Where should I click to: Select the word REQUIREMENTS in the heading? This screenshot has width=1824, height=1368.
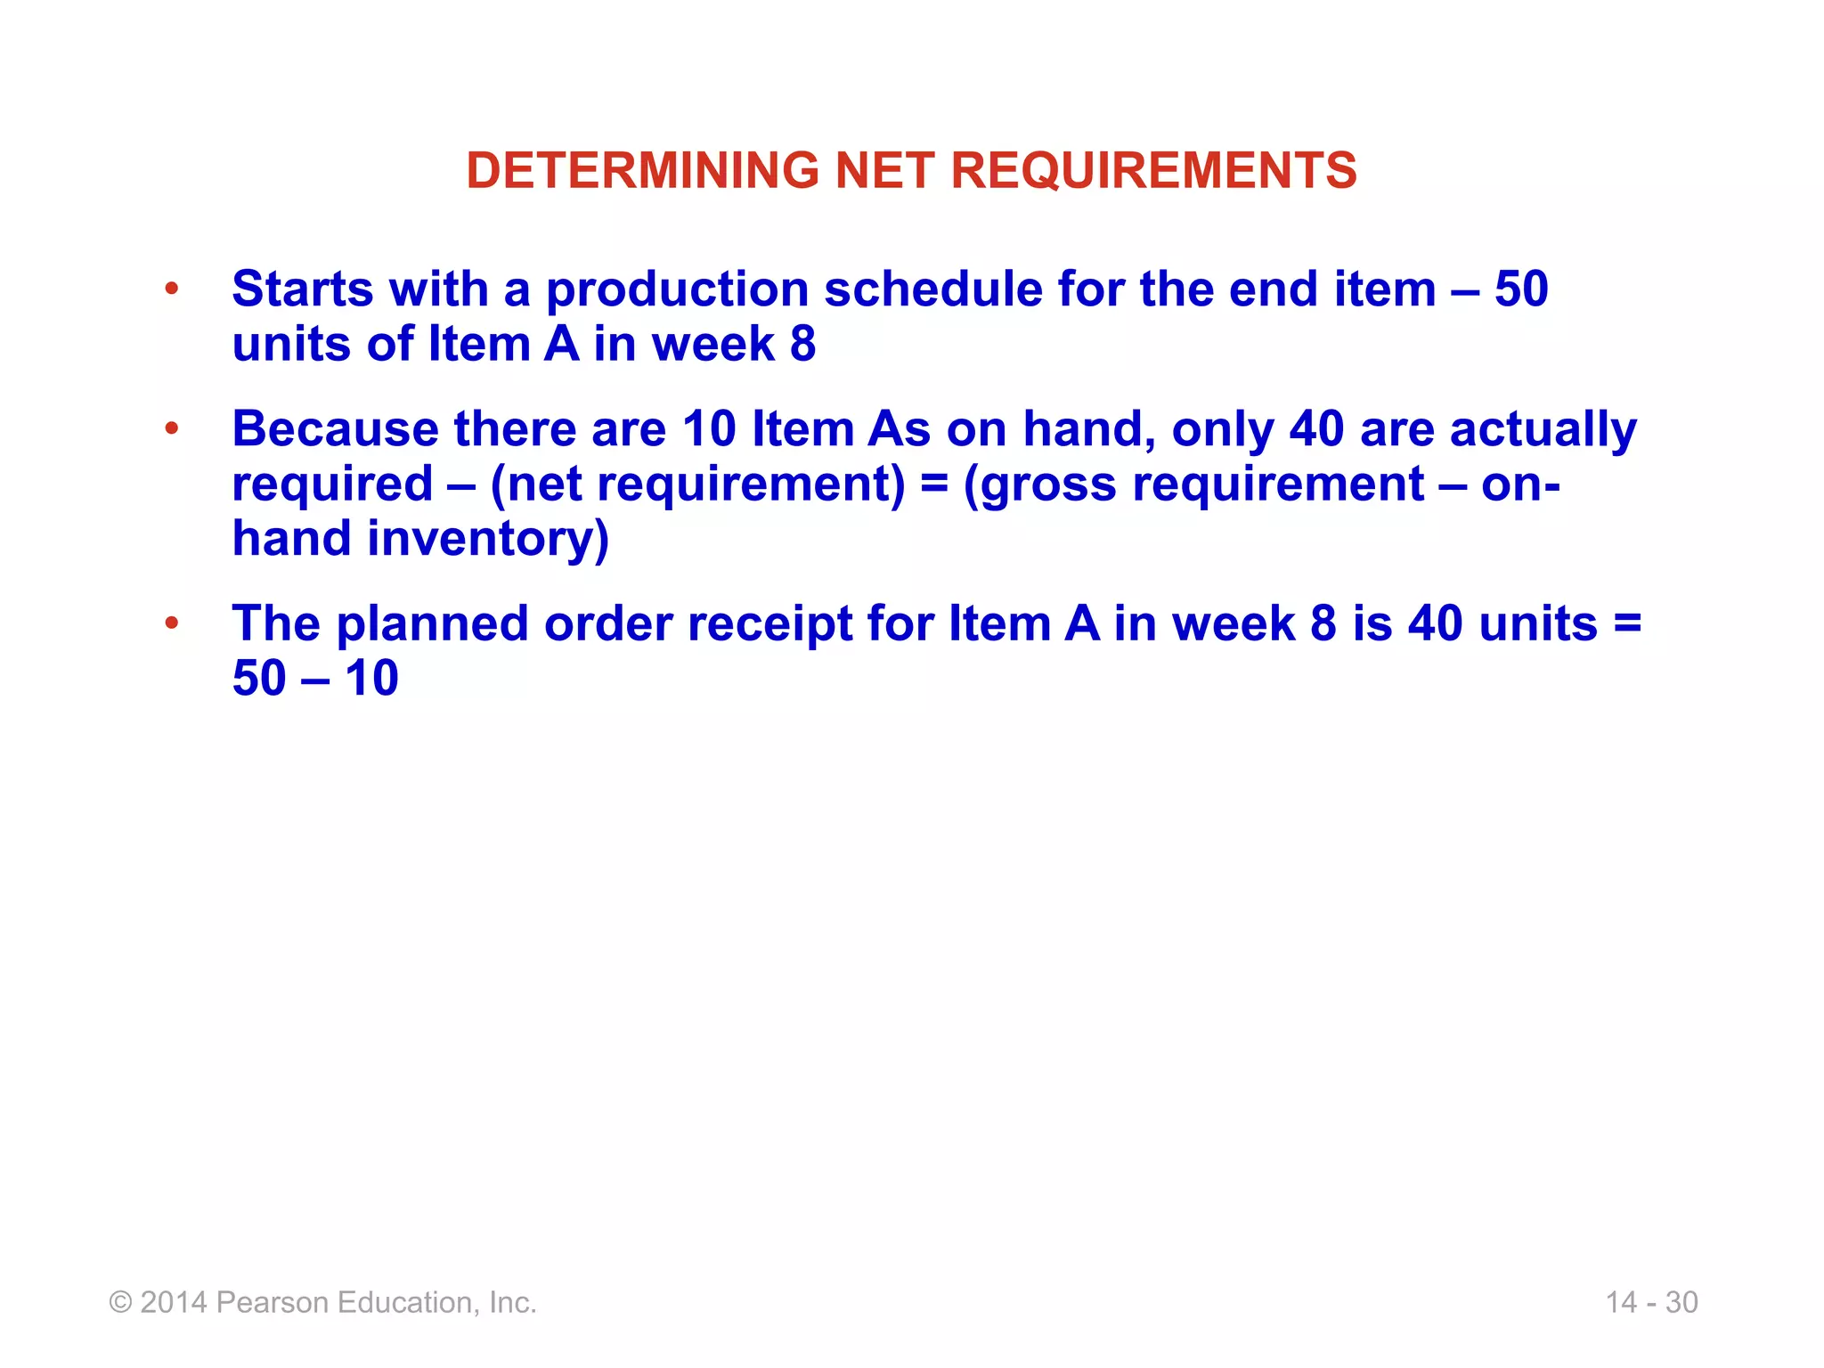[x=1153, y=170]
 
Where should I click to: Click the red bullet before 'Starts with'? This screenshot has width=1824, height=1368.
[x=172, y=289]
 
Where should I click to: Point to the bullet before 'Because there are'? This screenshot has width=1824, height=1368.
[x=172, y=428]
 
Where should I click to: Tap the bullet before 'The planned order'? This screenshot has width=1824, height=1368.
[x=172, y=623]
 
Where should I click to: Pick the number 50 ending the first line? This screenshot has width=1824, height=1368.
[x=1521, y=289]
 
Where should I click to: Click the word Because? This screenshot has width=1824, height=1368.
[x=335, y=429]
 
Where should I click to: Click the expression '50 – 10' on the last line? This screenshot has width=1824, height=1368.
[x=315, y=679]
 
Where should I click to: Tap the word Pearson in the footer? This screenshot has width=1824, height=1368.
[x=273, y=1302]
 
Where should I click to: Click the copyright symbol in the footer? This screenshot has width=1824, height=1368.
[x=120, y=1303]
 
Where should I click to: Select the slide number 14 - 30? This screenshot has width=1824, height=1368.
[x=1651, y=1302]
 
